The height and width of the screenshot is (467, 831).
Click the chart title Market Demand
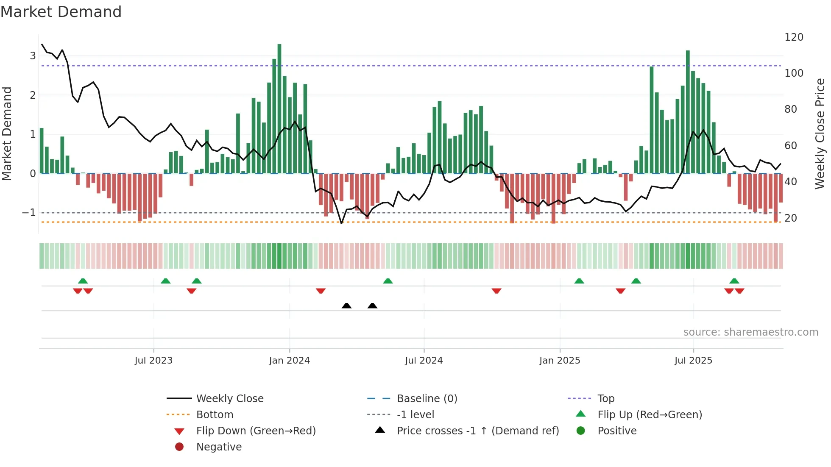(x=61, y=12)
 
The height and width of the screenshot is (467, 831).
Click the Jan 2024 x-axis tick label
(x=289, y=361)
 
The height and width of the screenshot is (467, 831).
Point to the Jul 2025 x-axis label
(x=693, y=361)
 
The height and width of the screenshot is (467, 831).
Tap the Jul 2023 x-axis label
(x=153, y=361)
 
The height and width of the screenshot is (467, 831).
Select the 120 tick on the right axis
(x=794, y=37)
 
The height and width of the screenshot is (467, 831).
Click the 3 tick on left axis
(x=33, y=56)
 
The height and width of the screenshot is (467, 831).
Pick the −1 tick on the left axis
(x=29, y=213)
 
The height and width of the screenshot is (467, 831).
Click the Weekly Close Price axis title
(x=820, y=133)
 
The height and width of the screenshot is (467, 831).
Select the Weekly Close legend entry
(x=229, y=399)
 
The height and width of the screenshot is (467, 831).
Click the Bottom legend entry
(x=215, y=415)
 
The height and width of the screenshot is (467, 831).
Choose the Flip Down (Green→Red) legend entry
(x=256, y=431)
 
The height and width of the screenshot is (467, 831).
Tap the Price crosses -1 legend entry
(x=477, y=431)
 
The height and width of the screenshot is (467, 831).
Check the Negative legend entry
(x=219, y=447)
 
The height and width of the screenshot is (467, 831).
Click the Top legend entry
(x=605, y=399)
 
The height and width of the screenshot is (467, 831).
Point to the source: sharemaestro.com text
(x=750, y=332)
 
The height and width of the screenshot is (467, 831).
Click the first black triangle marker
(x=346, y=306)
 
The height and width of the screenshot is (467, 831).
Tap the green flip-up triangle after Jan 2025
(x=579, y=281)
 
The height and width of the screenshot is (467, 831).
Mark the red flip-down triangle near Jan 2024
(x=321, y=291)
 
